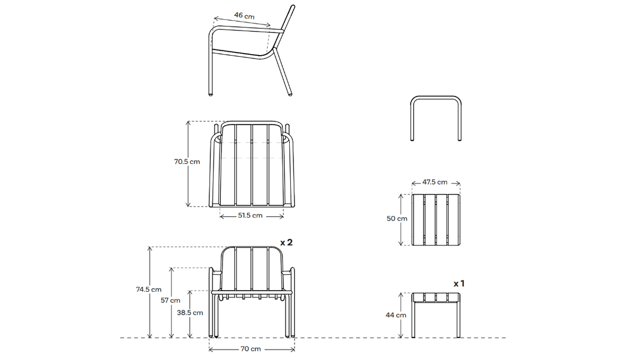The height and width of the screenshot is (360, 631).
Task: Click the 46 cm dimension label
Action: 244,16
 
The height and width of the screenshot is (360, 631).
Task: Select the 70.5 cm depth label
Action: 187,162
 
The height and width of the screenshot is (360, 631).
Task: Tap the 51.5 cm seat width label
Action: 250,215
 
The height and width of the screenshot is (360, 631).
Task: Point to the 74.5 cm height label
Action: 148,289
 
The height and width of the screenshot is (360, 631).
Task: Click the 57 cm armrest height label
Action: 170,301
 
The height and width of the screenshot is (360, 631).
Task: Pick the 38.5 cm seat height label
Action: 190,312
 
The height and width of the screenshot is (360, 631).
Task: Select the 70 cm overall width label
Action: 251,349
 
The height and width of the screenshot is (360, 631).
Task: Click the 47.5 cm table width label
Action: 435,182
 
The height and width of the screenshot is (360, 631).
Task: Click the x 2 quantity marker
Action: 286,243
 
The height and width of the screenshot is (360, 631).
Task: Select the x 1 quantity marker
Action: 459,283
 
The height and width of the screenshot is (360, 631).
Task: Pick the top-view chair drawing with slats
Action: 251,164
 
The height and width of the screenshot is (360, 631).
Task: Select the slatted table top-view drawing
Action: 435,219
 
